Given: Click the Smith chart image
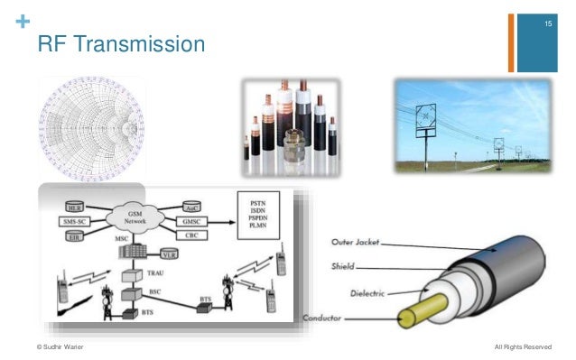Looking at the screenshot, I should (92, 127).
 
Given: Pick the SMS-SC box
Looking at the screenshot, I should (74, 222).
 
